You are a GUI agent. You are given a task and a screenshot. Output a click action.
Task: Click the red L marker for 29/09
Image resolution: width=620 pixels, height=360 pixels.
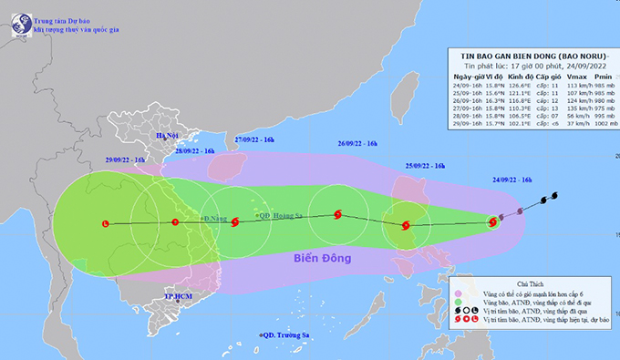(106, 222)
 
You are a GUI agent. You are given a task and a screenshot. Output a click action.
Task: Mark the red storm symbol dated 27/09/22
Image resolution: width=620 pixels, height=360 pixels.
(235, 221)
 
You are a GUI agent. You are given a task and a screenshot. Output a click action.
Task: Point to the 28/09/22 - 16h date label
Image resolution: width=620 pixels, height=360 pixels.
(192, 150)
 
